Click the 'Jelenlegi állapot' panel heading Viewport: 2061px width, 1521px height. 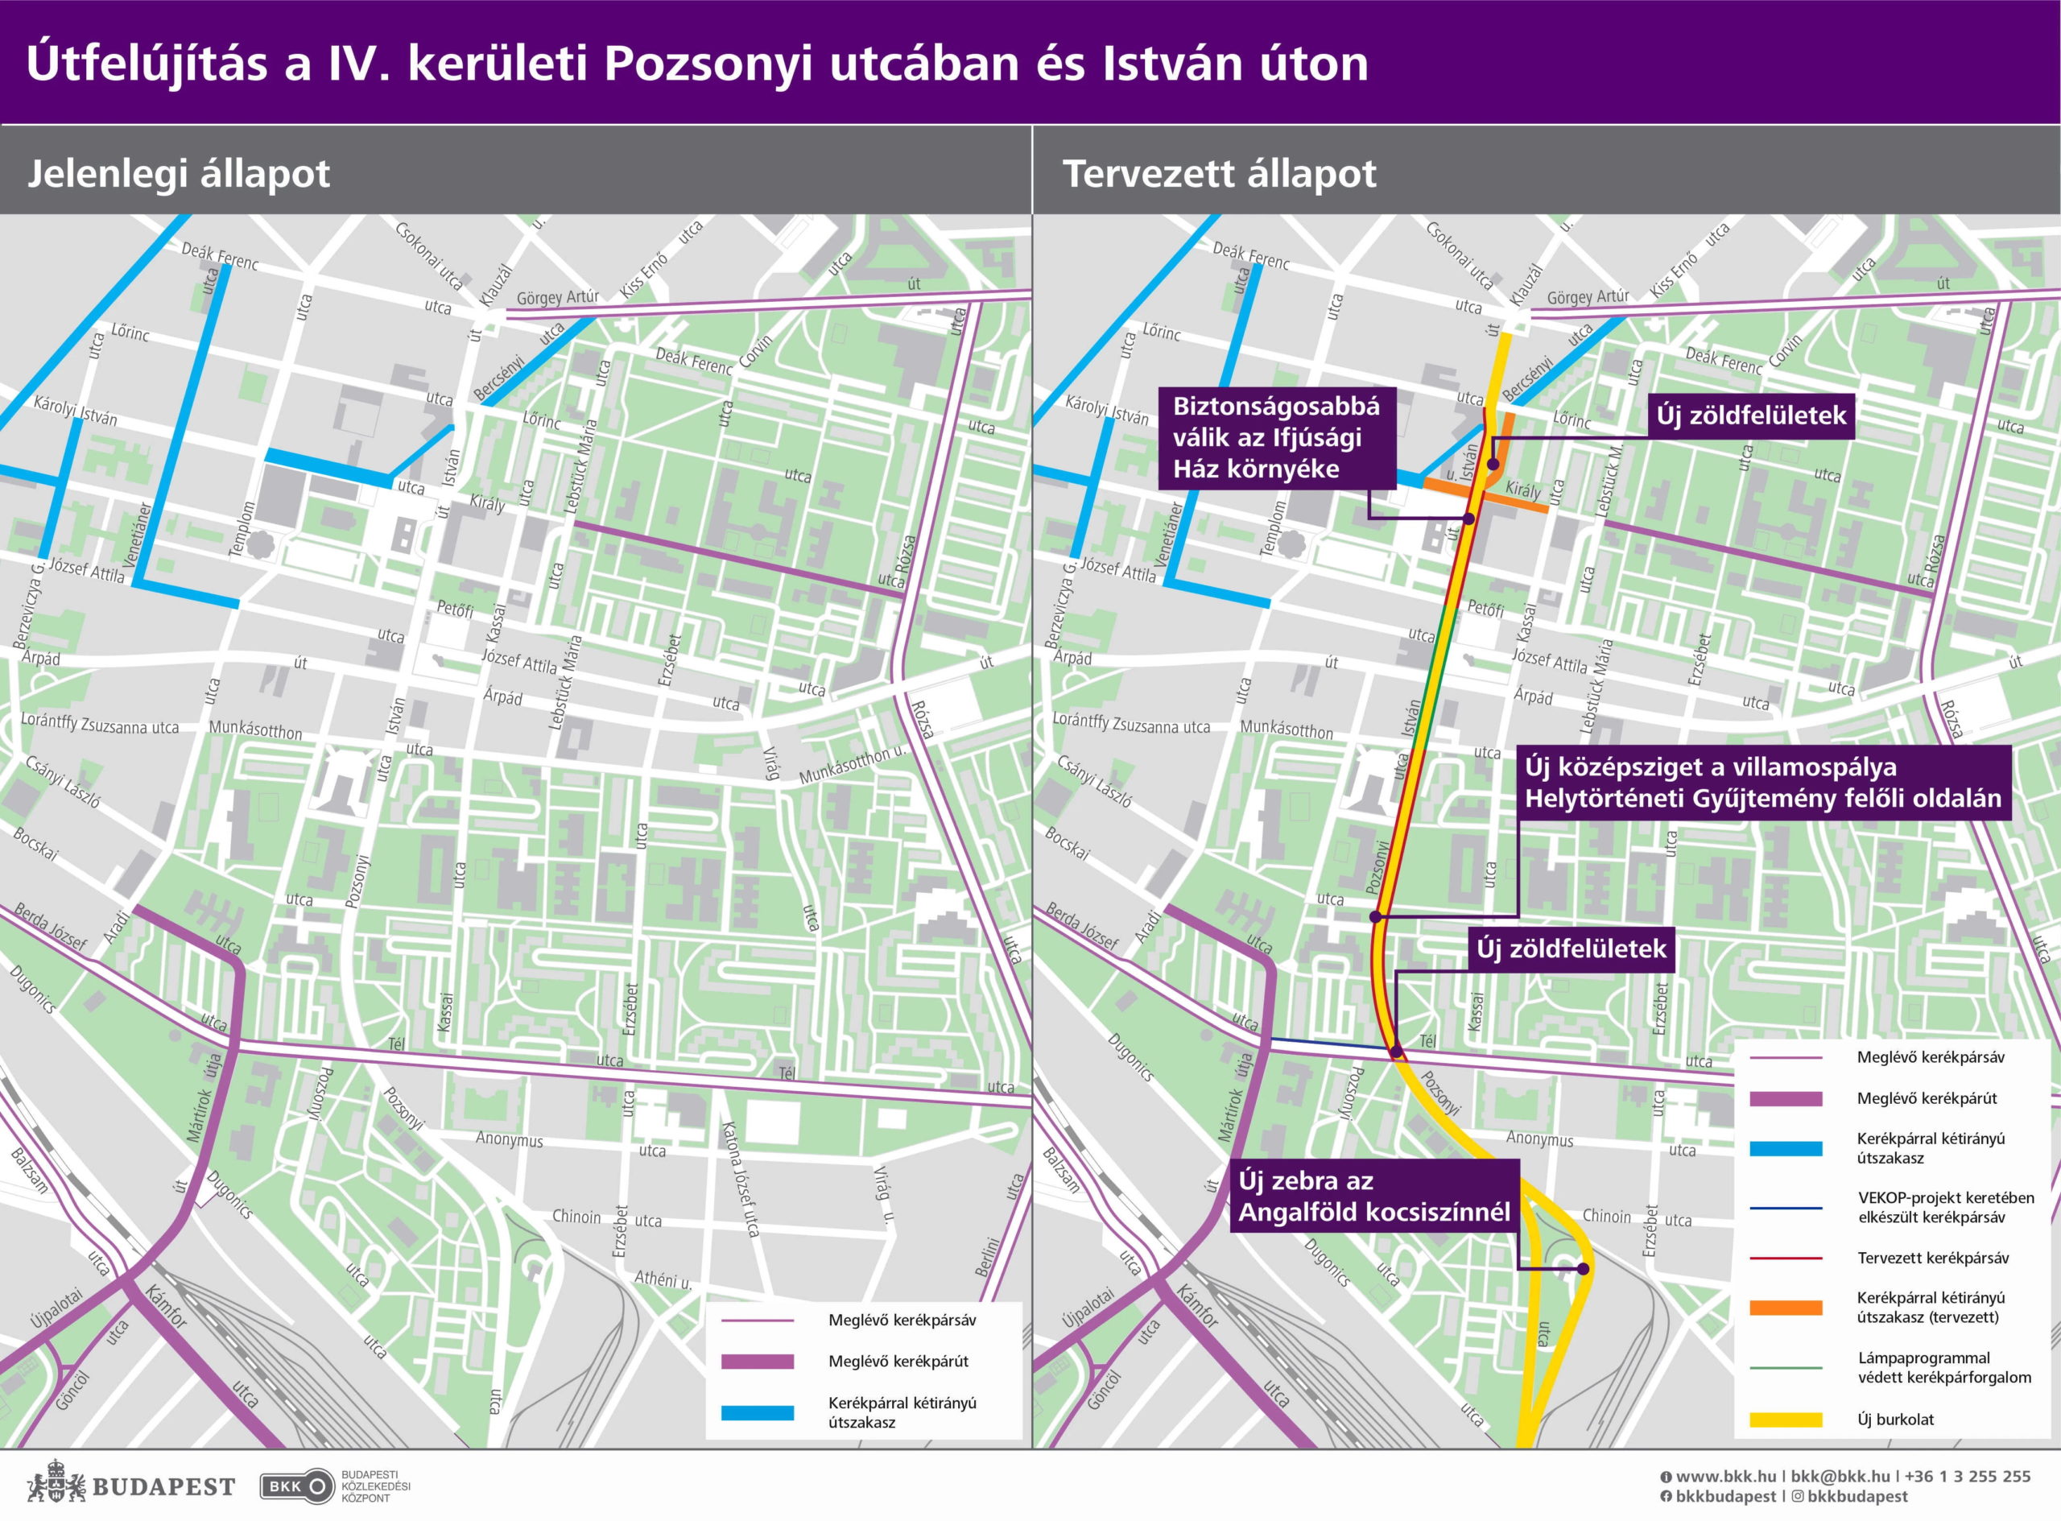[179, 174]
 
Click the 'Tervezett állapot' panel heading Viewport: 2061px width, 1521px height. [1219, 174]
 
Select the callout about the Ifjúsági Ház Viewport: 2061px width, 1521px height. [1276, 437]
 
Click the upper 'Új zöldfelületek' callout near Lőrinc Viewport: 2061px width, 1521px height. [1751, 415]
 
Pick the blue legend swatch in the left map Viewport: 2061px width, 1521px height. [757, 1412]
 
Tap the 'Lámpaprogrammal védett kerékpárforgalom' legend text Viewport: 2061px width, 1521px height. [1943, 1367]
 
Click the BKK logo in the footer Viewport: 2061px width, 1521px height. [297, 1486]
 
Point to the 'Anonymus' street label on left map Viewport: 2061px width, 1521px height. [509, 1140]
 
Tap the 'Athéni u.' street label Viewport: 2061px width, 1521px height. [663, 1279]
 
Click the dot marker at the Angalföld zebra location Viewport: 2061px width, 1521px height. [1584, 1269]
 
